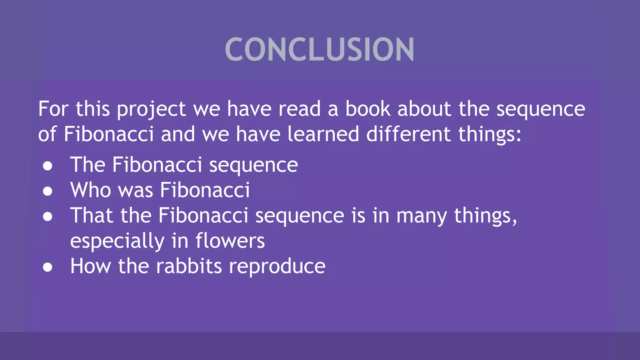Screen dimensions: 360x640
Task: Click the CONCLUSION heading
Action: coord(319,49)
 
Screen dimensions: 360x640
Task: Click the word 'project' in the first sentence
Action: coord(151,109)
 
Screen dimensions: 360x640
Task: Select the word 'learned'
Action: coord(323,134)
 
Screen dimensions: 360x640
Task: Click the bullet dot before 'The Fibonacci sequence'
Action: coord(47,166)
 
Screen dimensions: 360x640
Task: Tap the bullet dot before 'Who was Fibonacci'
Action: coord(47,191)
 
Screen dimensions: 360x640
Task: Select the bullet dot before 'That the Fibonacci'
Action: coord(47,217)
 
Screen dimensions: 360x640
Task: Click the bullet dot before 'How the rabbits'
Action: coord(47,267)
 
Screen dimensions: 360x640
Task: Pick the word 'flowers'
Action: coord(230,241)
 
